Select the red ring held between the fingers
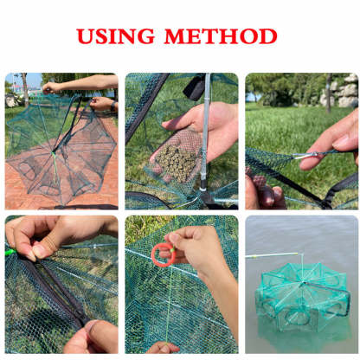162,254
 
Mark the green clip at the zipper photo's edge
10,252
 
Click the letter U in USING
85,36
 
